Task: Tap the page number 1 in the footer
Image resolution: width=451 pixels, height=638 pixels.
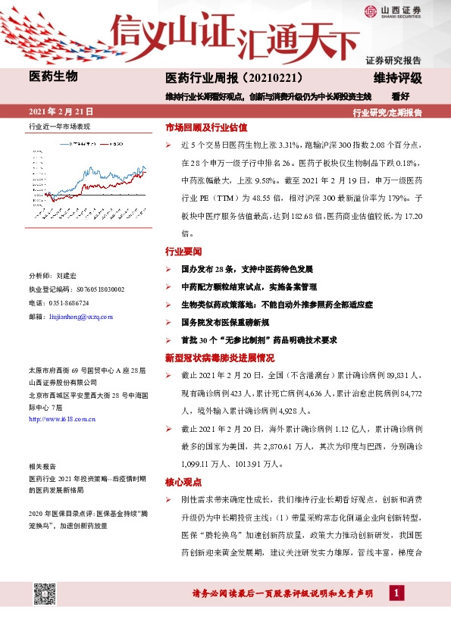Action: [x=395, y=593]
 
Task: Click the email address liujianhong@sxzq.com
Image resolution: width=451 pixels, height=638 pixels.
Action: [x=80, y=315]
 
